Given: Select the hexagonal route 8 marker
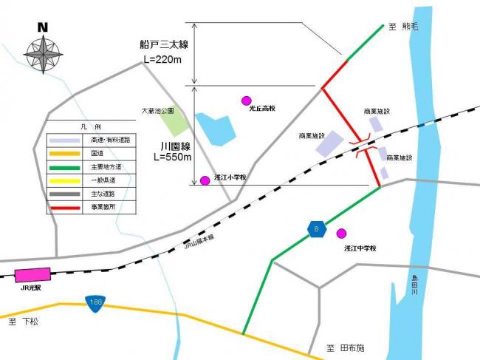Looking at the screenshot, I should [315, 230].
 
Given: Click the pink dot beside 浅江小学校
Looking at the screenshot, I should [205, 180].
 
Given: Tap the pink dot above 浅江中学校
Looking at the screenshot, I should [341, 234].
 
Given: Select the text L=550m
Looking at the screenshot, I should [172, 157].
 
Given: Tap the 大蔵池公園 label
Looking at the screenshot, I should [158, 111].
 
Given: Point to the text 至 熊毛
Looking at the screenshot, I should [403, 27].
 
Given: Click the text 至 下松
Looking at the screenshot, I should [23, 323].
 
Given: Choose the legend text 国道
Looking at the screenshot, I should [97, 153].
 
